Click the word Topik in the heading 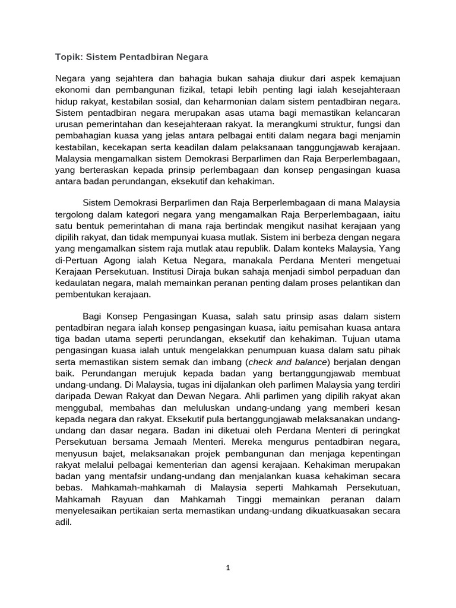tap(68, 58)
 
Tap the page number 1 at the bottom tap(227, 567)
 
